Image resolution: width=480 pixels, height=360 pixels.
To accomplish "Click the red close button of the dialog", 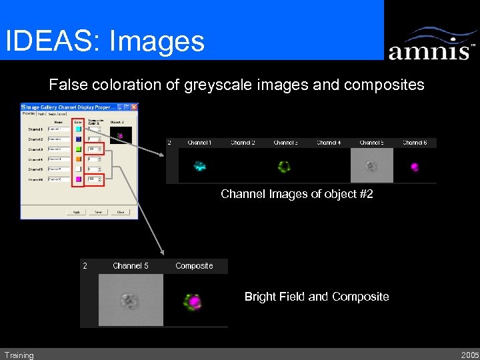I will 134,107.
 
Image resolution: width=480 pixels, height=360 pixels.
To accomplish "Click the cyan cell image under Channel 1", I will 199,166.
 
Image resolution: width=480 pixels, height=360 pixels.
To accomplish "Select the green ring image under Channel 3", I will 285,166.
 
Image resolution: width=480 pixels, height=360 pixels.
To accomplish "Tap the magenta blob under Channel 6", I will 414,166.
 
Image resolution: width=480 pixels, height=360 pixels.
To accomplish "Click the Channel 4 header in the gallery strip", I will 329,143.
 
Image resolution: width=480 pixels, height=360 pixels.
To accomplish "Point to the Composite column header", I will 194,266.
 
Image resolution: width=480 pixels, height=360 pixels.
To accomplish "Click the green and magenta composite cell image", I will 193,301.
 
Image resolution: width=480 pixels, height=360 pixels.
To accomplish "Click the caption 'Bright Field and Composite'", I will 317,297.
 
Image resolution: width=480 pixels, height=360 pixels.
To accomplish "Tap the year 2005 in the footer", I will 469,355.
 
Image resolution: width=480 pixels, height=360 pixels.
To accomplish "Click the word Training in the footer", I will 19,355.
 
